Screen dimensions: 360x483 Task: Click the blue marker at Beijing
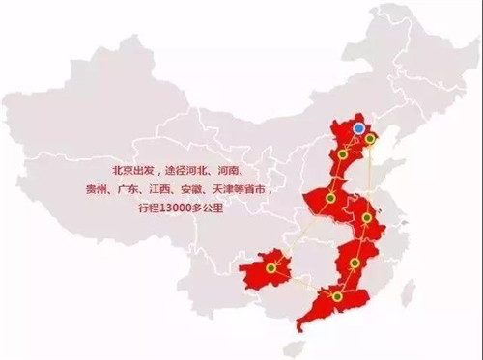(x=358, y=126)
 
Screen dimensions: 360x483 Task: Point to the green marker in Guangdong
(x=336, y=296)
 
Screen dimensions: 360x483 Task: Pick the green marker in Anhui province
(x=367, y=218)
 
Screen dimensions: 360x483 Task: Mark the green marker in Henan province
(x=330, y=198)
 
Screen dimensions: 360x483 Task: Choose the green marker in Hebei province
(x=343, y=154)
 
